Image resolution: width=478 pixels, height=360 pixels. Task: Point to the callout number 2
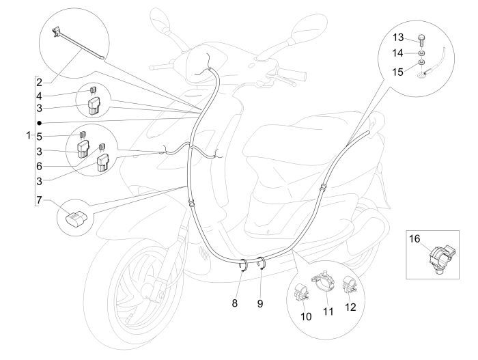[x=40, y=82]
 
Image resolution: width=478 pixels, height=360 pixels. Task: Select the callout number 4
[x=40, y=96]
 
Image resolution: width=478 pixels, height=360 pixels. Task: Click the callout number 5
[x=40, y=135]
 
